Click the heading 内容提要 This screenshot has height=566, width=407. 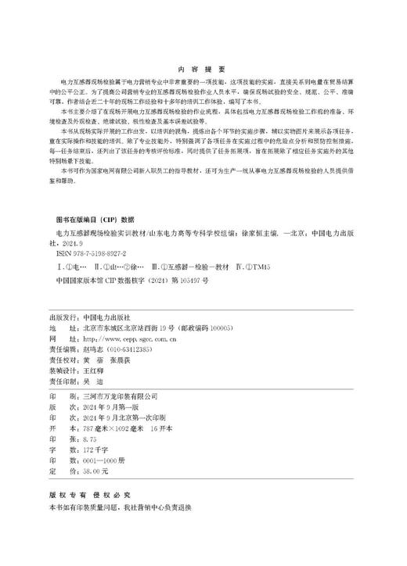203,69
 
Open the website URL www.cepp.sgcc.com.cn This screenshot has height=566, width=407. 122,319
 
